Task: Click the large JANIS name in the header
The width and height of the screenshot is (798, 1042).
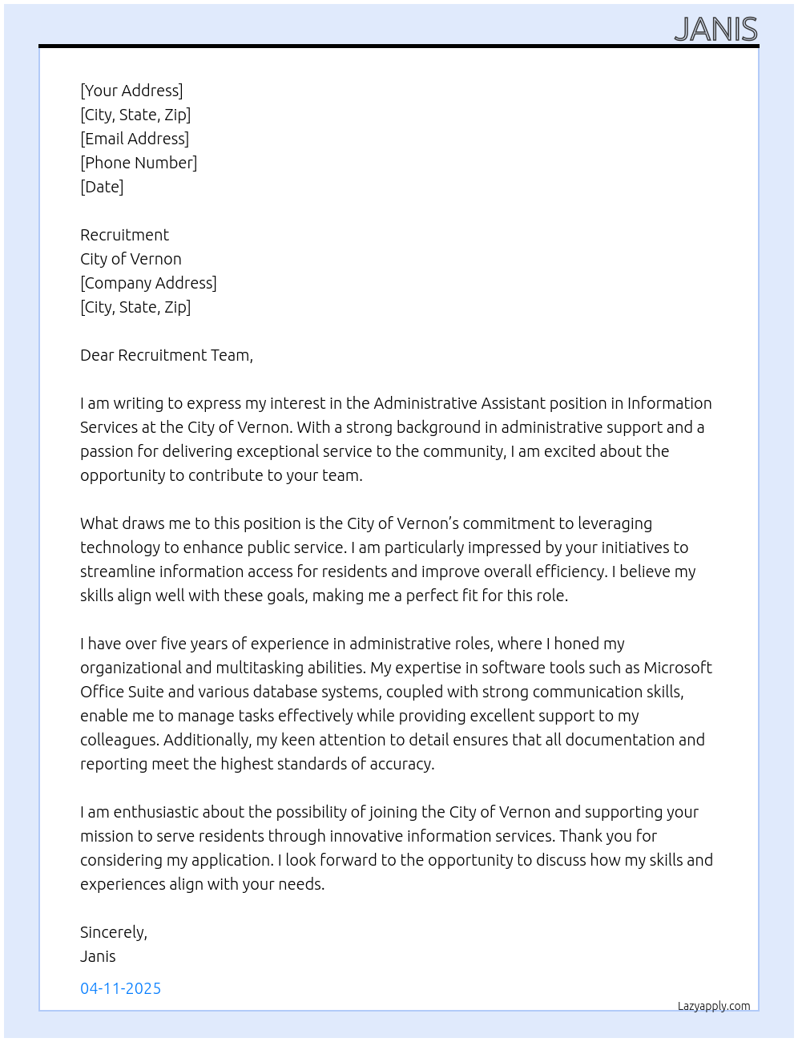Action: pos(715,30)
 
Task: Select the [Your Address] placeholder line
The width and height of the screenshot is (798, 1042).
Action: pos(131,91)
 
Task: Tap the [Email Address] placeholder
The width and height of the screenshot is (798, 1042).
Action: pos(135,139)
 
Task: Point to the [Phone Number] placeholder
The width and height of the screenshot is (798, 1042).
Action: pos(139,163)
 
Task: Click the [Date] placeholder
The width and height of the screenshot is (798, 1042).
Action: pos(102,187)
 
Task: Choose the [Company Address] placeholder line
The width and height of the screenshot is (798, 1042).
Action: pos(148,283)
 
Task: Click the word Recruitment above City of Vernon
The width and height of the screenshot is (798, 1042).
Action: pos(124,235)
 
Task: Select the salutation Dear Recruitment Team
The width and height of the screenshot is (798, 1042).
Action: pos(166,355)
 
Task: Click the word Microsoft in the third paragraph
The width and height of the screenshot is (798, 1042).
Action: pos(678,668)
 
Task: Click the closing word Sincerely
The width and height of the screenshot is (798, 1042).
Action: pos(113,932)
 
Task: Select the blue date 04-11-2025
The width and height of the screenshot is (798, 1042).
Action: pos(120,988)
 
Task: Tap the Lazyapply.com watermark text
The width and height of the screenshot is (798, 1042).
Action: pos(714,1006)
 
